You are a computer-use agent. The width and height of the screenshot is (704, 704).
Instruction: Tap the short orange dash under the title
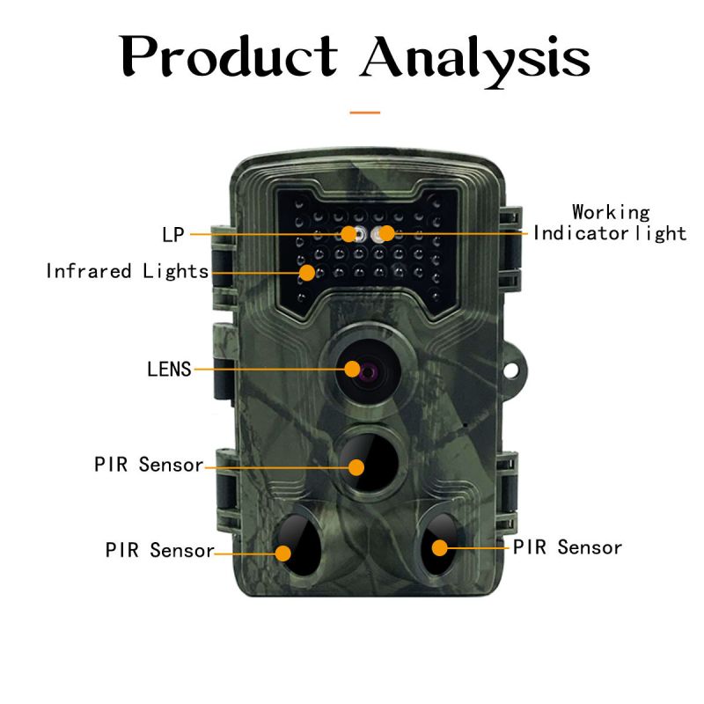click(365, 113)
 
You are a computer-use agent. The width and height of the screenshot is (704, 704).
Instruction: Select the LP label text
click(172, 235)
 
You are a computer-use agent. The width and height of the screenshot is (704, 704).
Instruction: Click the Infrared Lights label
click(127, 271)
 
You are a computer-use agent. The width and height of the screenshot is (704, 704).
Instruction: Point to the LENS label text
click(169, 369)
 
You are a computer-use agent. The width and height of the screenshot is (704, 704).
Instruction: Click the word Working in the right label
click(611, 213)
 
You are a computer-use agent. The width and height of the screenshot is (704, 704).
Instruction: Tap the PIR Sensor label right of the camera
click(568, 547)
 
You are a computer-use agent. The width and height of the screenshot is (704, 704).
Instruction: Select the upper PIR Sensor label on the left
click(149, 465)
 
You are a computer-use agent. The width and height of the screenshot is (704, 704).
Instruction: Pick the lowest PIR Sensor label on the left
click(159, 551)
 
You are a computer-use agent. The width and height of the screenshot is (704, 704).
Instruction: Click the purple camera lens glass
click(365, 370)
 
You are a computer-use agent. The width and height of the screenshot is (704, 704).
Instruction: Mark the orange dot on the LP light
click(349, 234)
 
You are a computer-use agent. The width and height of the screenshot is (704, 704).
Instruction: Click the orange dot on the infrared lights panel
click(306, 272)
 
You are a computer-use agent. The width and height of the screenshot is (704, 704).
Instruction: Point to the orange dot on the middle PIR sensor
click(356, 466)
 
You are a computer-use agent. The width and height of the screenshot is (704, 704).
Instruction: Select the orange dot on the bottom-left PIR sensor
click(283, 553)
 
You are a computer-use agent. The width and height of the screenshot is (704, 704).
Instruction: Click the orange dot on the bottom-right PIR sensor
click(438, 547)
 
